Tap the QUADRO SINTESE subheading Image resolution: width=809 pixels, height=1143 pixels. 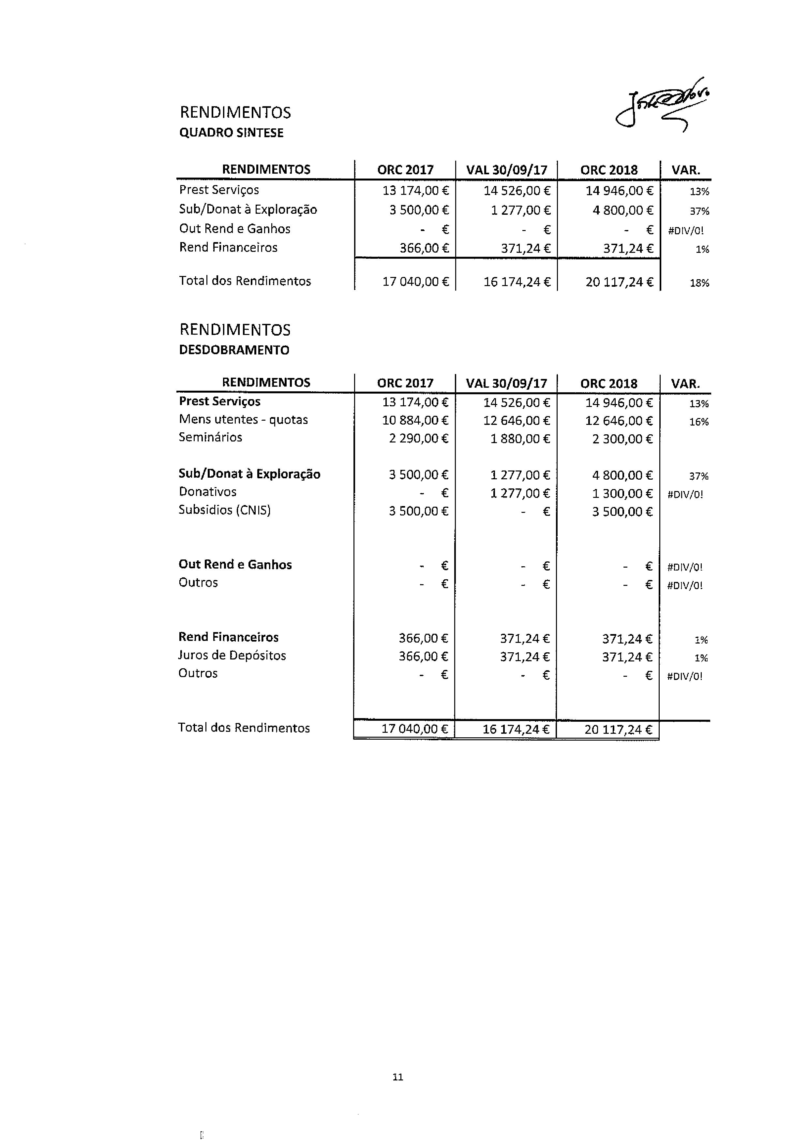[x=231, y=133]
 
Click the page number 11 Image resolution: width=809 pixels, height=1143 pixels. [x=397, y=1077]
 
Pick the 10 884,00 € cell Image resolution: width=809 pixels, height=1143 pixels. [x=415, y=421]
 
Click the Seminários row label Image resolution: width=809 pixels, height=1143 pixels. [x=210, y=438]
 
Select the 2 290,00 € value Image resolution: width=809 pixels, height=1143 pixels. [x=418, y=439]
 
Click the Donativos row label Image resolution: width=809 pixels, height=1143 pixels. [x=207, y=492]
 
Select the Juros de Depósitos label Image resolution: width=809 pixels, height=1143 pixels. [x=232, y=656]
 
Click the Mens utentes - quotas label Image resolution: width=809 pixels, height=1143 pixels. [x=243, y=420]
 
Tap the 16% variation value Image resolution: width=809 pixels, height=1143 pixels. [x=698, y=422]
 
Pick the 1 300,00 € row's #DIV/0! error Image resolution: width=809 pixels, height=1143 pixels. [x=685, y=495]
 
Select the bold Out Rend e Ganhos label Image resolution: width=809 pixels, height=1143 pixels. [x=235, y=565]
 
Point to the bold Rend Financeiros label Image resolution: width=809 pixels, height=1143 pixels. [x=228, y=637]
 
